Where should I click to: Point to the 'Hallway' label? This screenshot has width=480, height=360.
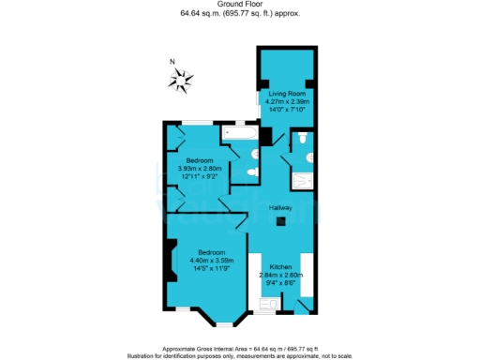click(x=281, y=207)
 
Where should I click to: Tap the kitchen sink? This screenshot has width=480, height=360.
click(x=266, y=306)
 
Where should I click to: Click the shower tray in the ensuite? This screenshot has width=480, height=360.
click(x=304, y=180)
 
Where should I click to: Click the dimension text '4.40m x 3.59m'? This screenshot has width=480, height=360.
click(x=212, y=260)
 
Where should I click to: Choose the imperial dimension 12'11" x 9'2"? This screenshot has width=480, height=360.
click(x=197, y=176)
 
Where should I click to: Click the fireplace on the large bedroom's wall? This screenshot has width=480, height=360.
click(x=171, y=261)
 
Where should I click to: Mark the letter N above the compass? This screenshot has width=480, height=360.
click(x=172, y=63)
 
